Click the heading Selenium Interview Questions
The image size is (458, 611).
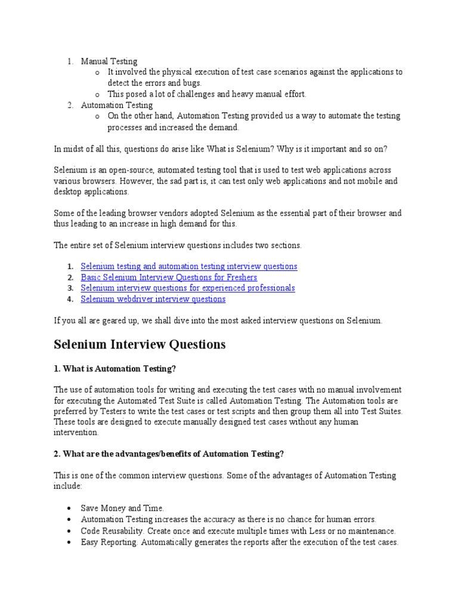pos(140,345)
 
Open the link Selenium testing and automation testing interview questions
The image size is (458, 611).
pos(188,267)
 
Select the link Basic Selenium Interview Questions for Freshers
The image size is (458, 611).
pos(169,277)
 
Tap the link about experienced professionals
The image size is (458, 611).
pos(188,288)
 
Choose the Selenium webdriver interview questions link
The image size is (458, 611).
pos(153,299)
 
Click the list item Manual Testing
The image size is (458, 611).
pos(109,61)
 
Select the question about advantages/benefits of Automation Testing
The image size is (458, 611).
pos(169,454)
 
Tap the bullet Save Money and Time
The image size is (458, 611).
pos(122,508)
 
